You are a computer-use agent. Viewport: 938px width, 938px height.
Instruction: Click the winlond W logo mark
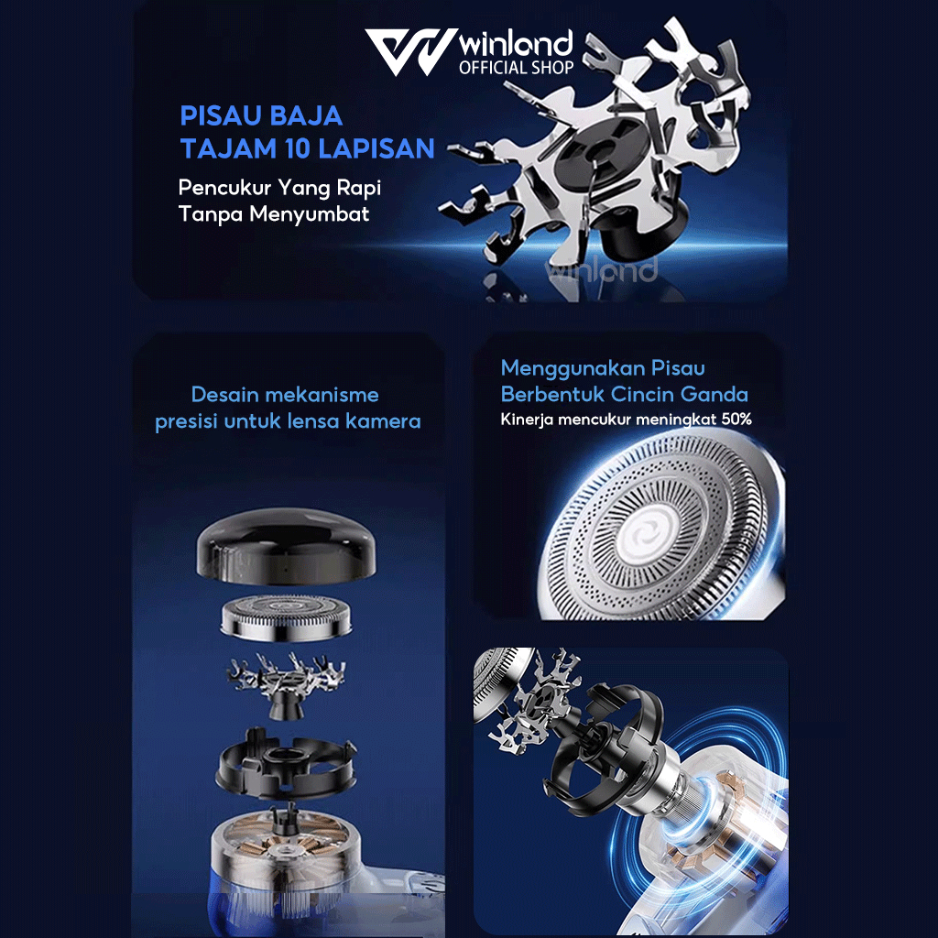tap(411, 51)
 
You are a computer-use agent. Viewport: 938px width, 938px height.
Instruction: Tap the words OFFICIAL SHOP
tap(517, 68)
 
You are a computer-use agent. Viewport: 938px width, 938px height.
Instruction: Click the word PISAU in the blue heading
tap(216, 115)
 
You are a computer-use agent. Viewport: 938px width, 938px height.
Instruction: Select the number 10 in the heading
tap(300, 148)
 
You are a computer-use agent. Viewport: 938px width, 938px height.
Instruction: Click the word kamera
tap(384, 421)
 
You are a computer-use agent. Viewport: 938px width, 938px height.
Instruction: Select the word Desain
tap(225, 394)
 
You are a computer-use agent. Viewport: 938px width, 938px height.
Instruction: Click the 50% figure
tap(736, 419)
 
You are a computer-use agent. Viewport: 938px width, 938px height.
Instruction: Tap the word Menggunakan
tap(573, 369)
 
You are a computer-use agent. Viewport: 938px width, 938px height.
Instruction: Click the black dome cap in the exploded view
tap(286, 546)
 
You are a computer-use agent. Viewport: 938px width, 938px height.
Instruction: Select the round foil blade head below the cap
tap(286, 618)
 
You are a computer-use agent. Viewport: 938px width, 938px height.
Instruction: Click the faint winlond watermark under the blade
tap(601, 270)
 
